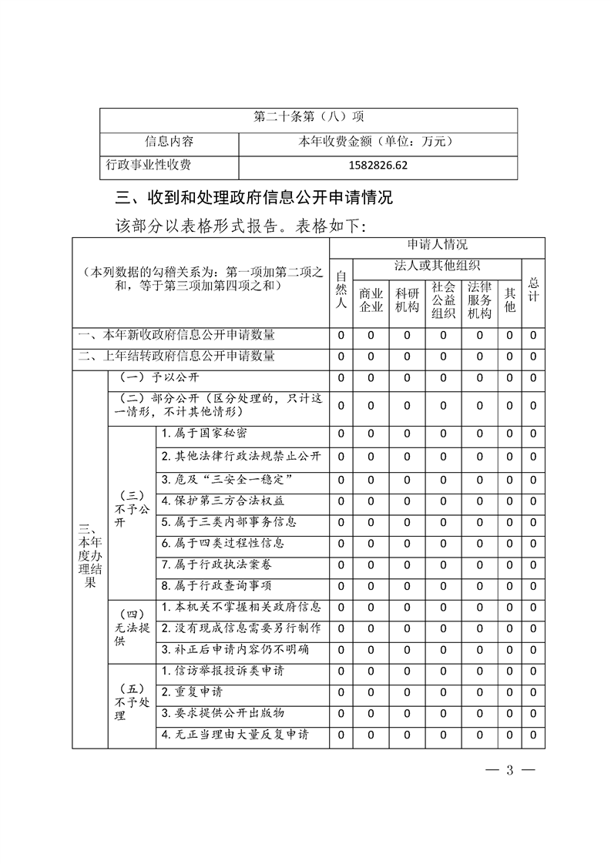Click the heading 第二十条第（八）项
[x=308, y=118]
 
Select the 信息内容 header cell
[x=170, y=142]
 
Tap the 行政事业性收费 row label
[x=149, y=166]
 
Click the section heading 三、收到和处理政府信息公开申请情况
[x=253, y=199]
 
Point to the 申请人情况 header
[x=437, y=245]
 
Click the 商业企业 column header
[x=371, y=300]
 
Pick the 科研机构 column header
[x=407, y=300]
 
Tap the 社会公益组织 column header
[x=443, y=300]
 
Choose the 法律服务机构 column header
[x=479, y=300]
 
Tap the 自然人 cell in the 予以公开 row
[x=341, y=378]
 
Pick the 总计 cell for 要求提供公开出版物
[x=533, y=713]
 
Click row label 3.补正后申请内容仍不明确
[x=236, y=649]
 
